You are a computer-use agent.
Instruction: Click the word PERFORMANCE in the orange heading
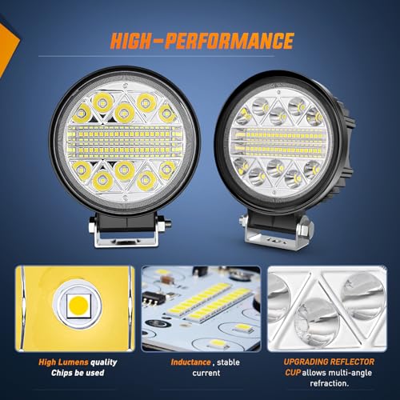230,41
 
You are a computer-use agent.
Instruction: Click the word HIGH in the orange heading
130,41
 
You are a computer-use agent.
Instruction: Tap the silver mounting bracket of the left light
126,238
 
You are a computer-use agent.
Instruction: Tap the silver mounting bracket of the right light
274,238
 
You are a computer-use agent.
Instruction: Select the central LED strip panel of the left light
123,140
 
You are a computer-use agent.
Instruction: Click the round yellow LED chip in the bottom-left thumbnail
78,306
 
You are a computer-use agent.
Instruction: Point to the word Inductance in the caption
190,362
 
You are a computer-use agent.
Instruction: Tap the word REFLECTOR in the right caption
351,362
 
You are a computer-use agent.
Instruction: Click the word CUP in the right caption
293,372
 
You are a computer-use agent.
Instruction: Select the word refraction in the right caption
329,383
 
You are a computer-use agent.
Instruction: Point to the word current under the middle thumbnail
206,373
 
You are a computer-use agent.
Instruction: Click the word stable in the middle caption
228,362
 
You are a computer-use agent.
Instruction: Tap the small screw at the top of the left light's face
124,86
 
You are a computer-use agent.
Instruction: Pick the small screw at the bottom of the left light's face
125,198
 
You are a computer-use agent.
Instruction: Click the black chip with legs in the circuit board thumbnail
152,297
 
